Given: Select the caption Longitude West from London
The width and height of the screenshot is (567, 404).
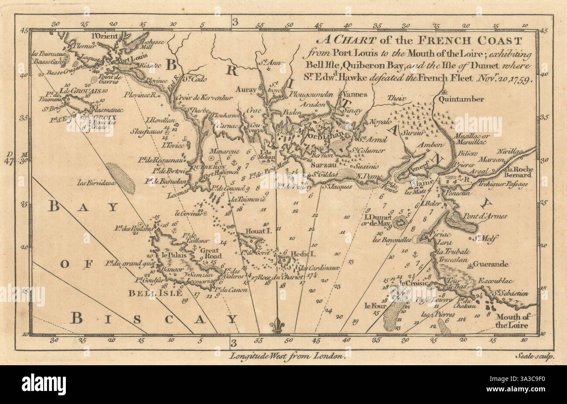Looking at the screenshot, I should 288,356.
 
